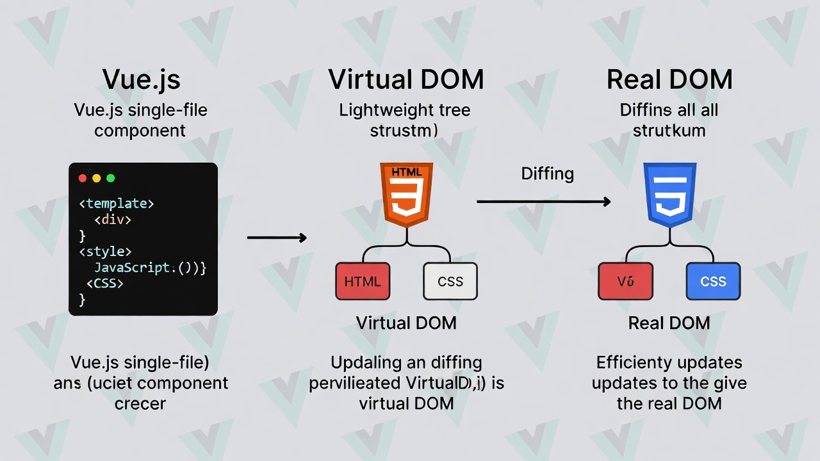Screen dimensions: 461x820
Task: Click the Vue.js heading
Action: pos(141,79)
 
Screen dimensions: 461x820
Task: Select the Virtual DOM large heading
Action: pos(406,79)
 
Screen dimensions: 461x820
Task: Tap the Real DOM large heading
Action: pos(669,79)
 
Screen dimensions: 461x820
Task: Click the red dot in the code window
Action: pos(82,179)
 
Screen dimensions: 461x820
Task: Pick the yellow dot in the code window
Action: pos(97,179)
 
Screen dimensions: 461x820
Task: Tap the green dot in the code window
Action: pos(111,179)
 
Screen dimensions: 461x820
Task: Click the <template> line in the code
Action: pos(117,204)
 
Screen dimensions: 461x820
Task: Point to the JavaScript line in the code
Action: pos(149,268)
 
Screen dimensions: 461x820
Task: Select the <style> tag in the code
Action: pos(106,252)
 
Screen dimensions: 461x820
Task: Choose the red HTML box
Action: pos(363,281)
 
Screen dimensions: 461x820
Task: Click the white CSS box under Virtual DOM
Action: pos(450,281)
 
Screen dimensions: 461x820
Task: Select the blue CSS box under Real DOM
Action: pos(713,281)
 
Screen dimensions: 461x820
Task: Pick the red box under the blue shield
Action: pos(625,281)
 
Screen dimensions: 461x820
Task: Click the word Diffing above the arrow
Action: pos(547,174)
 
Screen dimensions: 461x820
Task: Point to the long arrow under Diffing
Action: pos(543,202)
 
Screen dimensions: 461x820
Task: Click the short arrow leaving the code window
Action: pos(277,238)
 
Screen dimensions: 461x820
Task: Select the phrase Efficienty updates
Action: pos(669,362)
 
